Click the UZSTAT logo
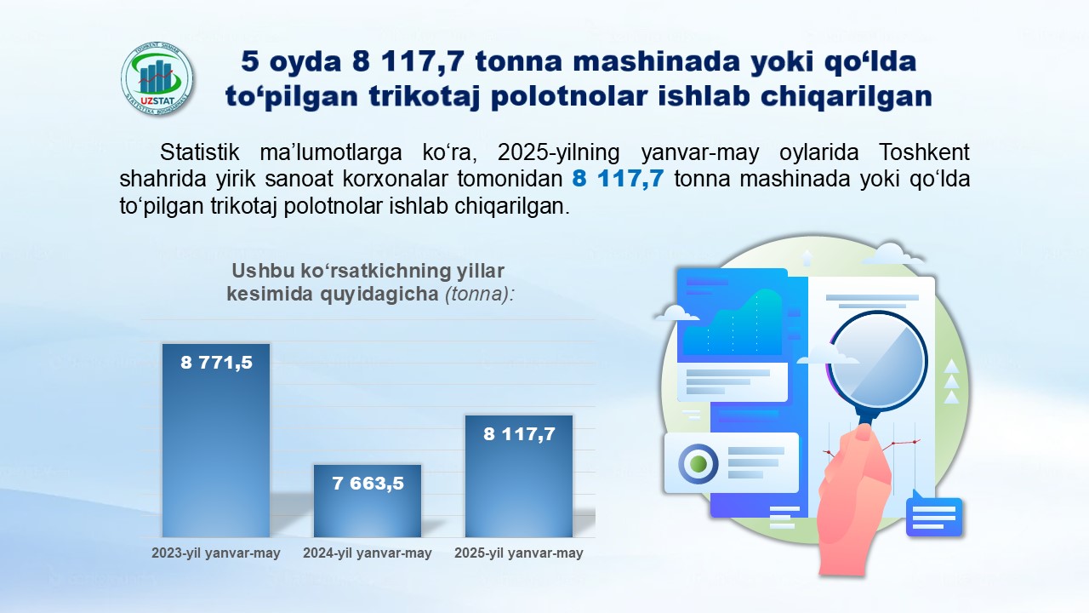coord(157,79)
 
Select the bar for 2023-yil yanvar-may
coord(216,441)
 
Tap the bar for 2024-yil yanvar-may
coord(368,501)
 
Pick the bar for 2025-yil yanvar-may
coord(519,476)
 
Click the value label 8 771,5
coord(216,363)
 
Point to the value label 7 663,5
coord(368,484)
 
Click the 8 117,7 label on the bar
coord(519,434)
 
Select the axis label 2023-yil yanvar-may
coord(216,553)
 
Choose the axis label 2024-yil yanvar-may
coord(368,553)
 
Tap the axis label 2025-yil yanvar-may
coord(519,553)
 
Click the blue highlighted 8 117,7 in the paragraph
coord(618,179)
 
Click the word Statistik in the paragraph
coord(199,152)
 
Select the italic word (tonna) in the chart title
coord(480,294)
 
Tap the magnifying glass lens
coord(877,361)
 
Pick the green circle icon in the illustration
coord(698,463)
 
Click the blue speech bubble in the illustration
coord(934,515)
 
